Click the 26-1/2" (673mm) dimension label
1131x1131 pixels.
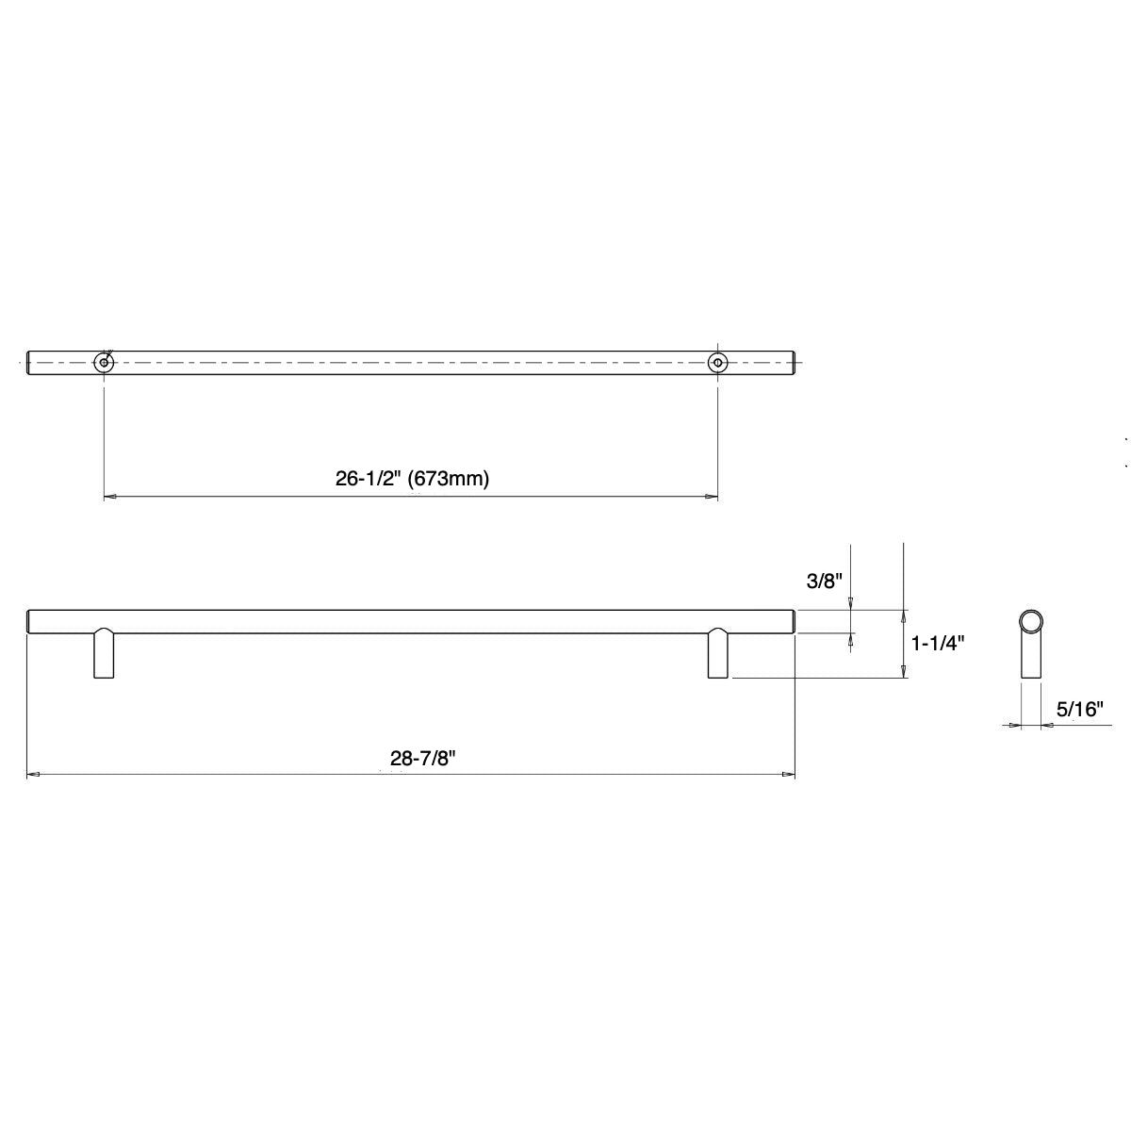pyautogui.click(x=412, y=479)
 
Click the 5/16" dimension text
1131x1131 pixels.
pyautogui.click(x=1078, y=710)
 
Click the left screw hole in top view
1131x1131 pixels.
pyautogui.click(x=103, y=362)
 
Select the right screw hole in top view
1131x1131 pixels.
pyautogui.click(x=718, y=362)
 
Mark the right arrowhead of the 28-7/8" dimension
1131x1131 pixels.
pyautogui.click(x=790, y=776)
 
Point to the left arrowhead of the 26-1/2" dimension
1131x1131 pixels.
pyautogui.click(x=108, y=496)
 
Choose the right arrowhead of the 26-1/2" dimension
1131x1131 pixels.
pyautogui.click(x=713, y=496)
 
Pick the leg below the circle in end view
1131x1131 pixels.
pyautogui.click(x=1030, y=656)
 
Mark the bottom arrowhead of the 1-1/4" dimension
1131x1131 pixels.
pyautogui.click(x=904, y=672)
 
